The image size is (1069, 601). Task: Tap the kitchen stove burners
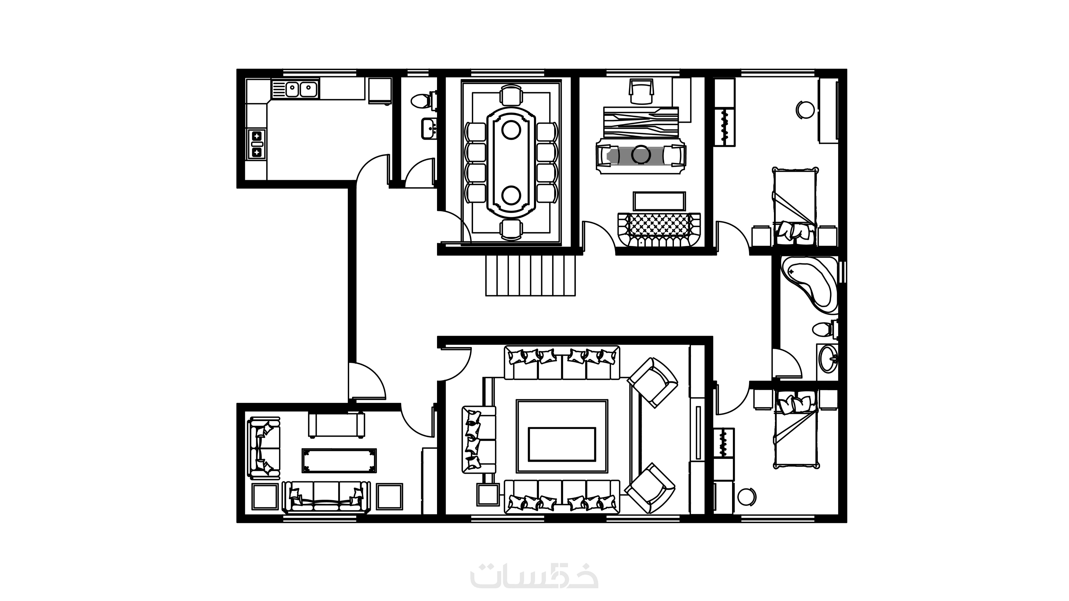click(x=257, y=143)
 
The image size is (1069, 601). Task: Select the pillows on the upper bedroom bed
click(x=795, y=231)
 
